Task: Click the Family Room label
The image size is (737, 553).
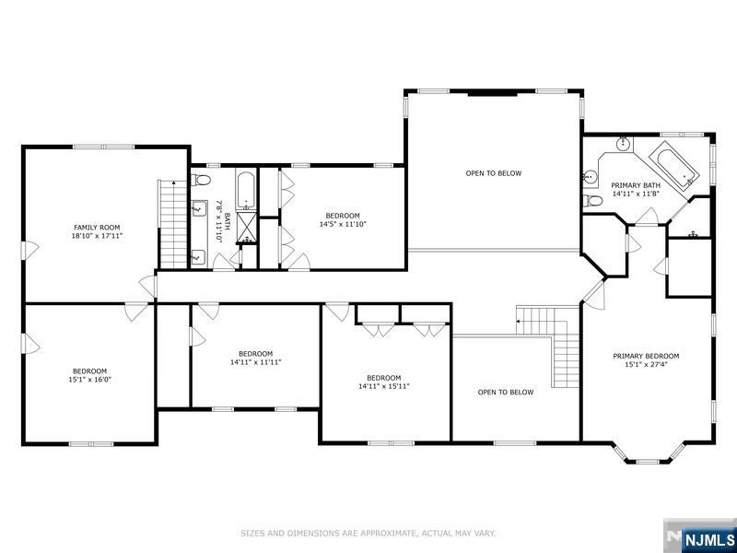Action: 97,228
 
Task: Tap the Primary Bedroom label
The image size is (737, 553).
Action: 646,356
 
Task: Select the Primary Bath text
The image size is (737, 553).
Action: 636,185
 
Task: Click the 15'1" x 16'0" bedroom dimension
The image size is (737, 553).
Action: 89,380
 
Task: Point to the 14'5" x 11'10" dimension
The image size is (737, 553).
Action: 343,224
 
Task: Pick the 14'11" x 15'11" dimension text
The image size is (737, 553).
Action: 384,386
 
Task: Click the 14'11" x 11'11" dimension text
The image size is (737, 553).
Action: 256,362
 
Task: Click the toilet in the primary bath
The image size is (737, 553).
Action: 592,201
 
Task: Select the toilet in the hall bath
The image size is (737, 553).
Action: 201,179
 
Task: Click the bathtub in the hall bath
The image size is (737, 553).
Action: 246,191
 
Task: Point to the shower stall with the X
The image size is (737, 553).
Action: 246,227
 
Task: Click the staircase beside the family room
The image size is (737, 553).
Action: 172,224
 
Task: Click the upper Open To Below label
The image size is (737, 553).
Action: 494,173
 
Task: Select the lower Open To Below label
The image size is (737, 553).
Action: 506,393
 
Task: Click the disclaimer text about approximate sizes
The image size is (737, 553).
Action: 368,533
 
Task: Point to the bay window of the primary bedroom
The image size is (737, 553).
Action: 648,454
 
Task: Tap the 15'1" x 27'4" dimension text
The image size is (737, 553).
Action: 646,364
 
